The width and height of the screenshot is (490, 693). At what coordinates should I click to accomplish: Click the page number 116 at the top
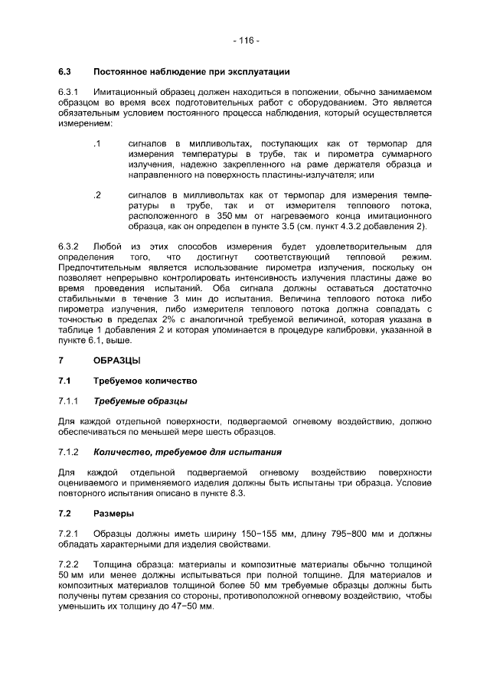point(246,40)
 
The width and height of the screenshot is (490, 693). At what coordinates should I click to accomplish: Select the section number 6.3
point(64,72)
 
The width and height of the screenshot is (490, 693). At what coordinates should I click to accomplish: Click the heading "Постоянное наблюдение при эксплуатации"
point(191,72)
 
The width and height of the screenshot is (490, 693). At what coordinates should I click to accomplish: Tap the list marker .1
point(97,143)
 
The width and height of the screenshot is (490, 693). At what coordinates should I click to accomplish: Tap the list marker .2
point(97,195)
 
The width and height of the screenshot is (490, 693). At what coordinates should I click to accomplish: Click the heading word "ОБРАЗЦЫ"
point(117,359)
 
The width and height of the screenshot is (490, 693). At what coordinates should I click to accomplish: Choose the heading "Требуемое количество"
point(145,380)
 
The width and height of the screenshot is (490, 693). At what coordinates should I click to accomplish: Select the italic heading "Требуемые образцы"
point(140,400)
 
